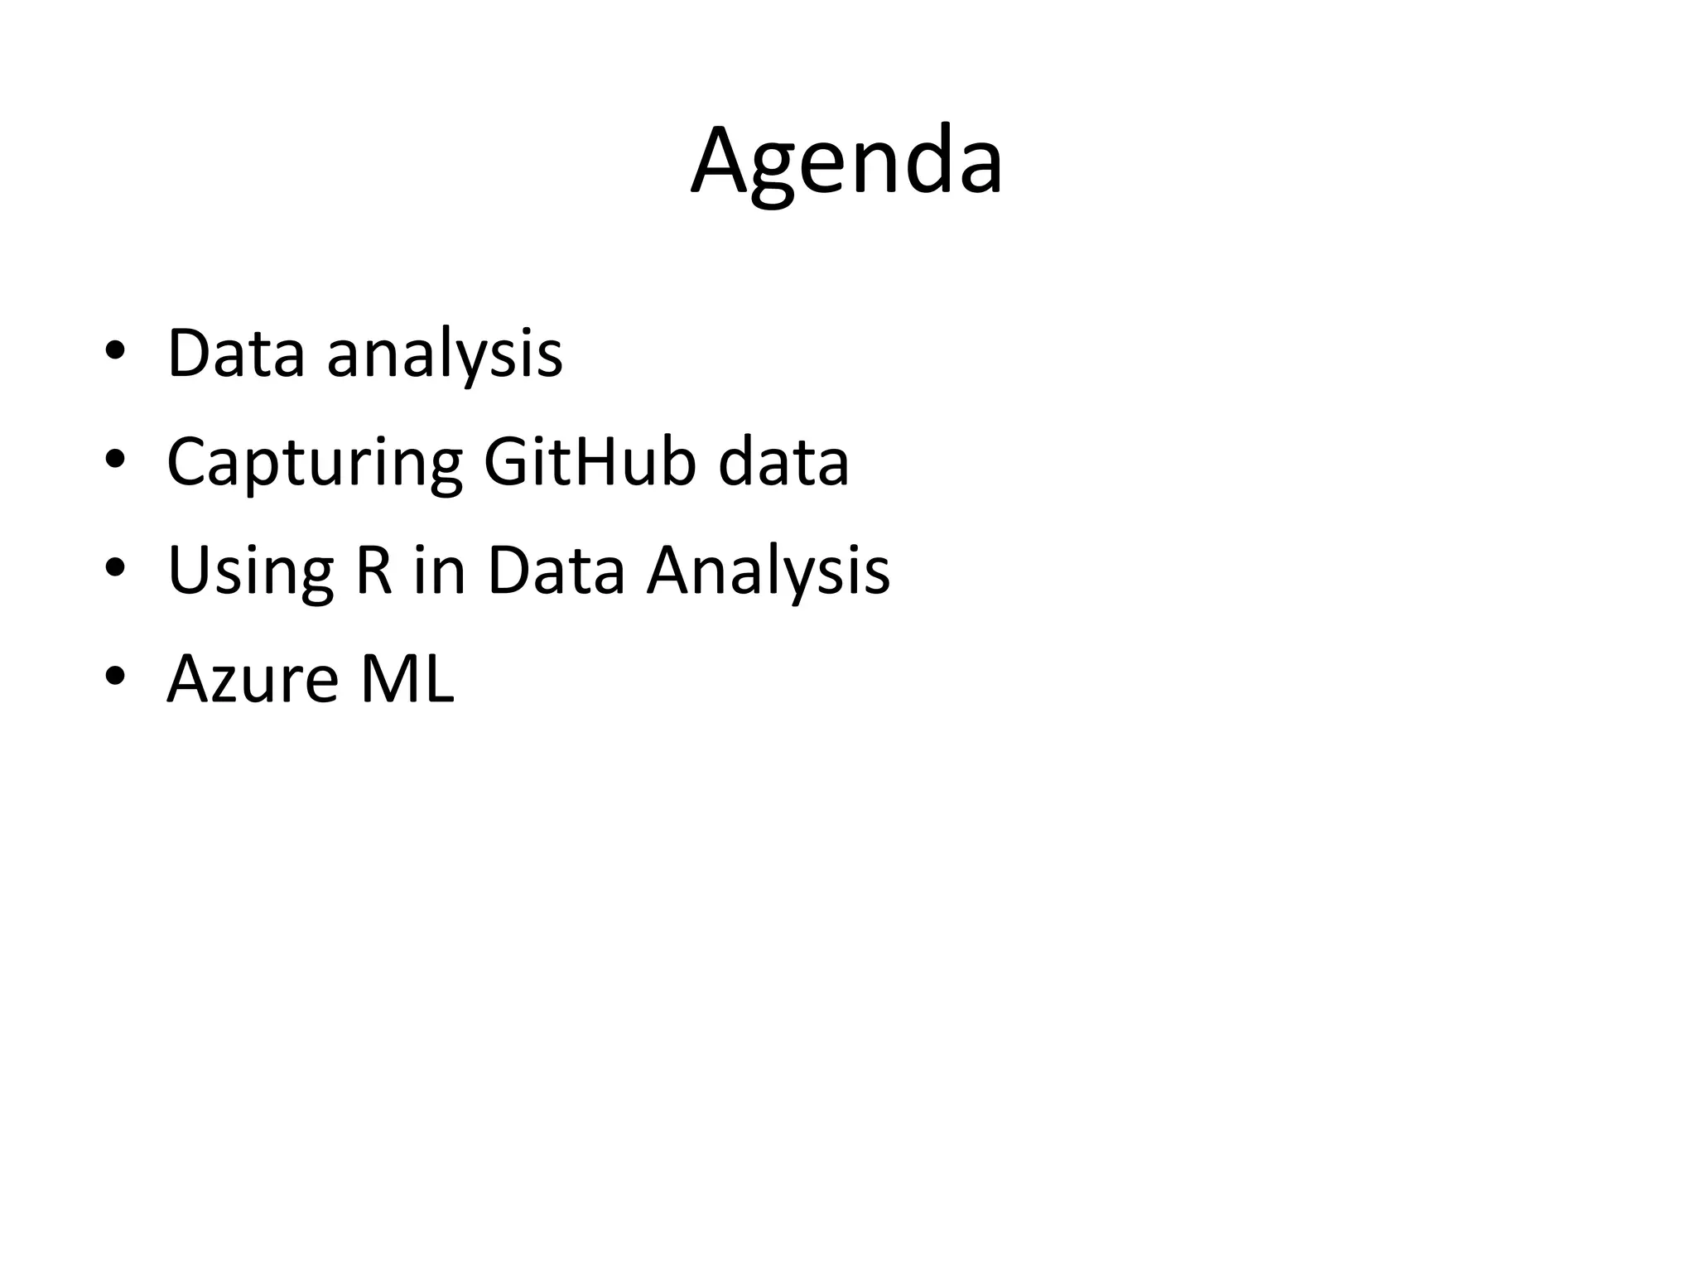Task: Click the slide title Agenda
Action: point(846,161)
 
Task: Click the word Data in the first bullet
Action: point(236,354)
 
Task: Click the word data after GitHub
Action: point(783,461)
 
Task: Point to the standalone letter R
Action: point(373,571)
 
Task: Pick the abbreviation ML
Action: point(407,678)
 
